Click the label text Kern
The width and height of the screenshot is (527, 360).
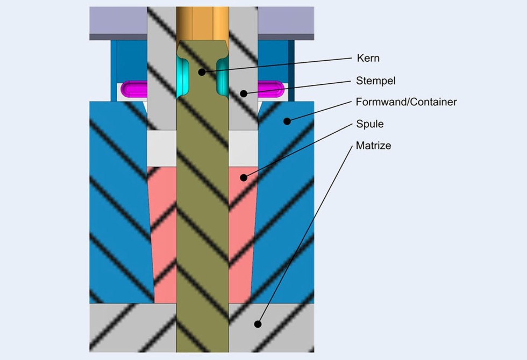point(368,58)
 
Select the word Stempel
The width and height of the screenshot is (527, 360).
point(375,81)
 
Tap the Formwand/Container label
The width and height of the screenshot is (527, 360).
point(406,102)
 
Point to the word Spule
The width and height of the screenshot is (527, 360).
point(369,124)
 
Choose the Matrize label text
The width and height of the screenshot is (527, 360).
point(373,145)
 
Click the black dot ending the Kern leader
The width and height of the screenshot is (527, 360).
point(201,71)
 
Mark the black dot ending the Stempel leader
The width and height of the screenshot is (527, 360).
point(244,93)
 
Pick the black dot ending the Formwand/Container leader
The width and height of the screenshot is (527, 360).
point(287,121)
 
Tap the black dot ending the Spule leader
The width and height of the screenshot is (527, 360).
point(244,177)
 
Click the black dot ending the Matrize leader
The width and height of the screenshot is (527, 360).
point(258,324)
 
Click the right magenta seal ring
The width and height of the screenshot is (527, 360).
point(273,88)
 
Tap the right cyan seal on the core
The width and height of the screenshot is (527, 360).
point(222,76)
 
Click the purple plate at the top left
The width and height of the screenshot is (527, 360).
point(118,21)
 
